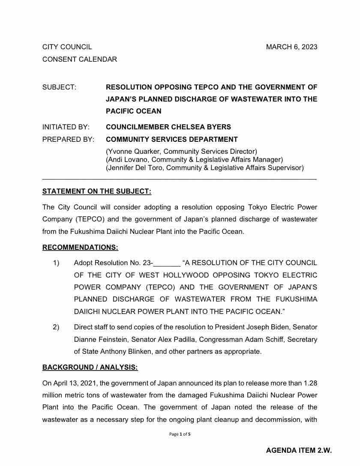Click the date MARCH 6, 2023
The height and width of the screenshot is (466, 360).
[291, 47]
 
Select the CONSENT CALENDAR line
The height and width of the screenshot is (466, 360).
[79, 60]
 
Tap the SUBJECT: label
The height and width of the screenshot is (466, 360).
[59, 87]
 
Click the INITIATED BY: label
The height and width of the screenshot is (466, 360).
[66, 127]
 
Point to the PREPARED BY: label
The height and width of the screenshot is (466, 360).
[68, 139]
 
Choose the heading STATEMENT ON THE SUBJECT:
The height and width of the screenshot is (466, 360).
[96, 191]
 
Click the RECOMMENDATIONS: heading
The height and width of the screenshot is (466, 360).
[80, 247]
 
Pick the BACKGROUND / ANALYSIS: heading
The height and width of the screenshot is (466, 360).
[90, 367]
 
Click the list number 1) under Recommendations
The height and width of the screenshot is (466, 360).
[56, 263]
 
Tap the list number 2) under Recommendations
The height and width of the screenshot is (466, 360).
[56, 327]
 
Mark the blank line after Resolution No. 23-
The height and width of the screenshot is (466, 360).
[167, 263]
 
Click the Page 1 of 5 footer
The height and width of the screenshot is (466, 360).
[180, 434]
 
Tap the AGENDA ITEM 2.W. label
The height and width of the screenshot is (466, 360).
[299, 450]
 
